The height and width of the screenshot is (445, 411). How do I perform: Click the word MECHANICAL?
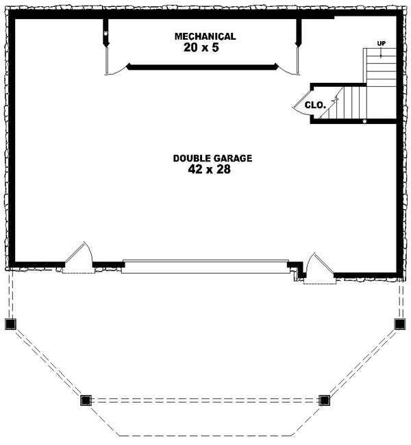click(x=205, y=36)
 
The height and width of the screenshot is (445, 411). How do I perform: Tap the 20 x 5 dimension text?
click(x=205, y=49)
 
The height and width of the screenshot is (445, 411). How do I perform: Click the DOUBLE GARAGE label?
click(x=212, y=158)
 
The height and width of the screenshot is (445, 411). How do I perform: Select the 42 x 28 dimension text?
click(x=209, y=170)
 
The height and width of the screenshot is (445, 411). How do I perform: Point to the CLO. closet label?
click(x=314, y=105)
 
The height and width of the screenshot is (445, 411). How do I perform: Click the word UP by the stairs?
click(x=381, y=44)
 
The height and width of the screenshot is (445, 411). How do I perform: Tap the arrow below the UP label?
click(x=381, y=53)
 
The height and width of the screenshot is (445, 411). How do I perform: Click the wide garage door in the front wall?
click(x=205, y=266)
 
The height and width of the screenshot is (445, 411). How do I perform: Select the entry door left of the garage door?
click(x=79, y=258)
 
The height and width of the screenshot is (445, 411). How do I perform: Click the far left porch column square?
click(x=10, y=324)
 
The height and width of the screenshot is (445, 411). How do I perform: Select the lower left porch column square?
click(x=86, y=400)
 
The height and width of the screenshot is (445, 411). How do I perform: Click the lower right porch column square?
click(x=324, y=400)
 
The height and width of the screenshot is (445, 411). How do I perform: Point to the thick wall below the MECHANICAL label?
click(x=203, y=67)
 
